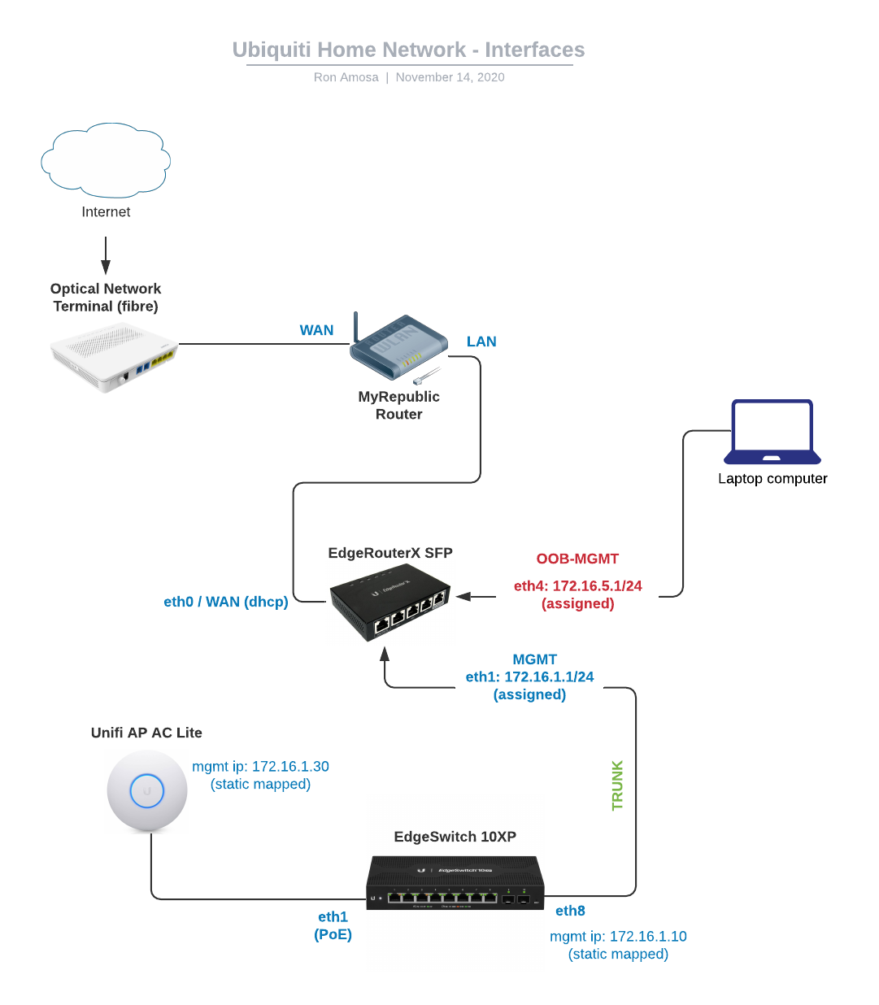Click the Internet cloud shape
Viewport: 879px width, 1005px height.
(106, 160)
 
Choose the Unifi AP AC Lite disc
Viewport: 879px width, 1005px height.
(147, 790)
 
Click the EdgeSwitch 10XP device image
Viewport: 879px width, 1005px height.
(455, 882)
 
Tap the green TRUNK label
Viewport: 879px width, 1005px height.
(617, 785)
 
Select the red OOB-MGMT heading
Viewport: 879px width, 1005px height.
(577, 559)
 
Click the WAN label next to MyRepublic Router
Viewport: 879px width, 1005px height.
(316, 330)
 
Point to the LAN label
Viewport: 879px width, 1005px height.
(481, 342)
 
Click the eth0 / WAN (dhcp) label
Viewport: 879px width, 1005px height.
(226, 602)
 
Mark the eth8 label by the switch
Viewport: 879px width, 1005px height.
(570, 911)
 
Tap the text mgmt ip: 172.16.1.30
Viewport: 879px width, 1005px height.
(260, 766)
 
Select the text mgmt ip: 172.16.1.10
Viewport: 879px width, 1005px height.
(618, 936)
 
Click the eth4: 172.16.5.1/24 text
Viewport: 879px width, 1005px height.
(577, 585)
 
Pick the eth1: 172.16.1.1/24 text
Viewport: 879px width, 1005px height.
(529, 677)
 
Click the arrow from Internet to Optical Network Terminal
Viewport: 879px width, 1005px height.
(106, 255)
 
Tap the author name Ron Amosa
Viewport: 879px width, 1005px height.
(346, 77)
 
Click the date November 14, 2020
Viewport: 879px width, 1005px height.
(450, 77)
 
